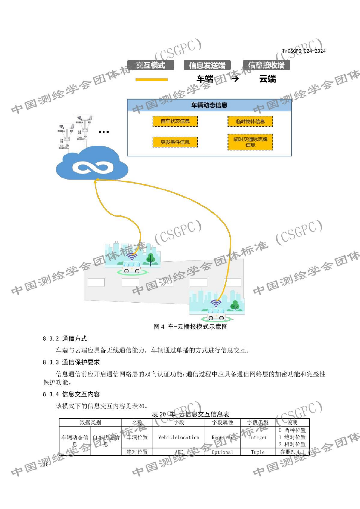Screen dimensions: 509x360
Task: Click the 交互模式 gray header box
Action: [x=150, y=65]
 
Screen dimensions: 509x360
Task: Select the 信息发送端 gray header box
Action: [x=207, y=65]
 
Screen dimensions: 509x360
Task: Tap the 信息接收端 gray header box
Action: [x=266, y=65]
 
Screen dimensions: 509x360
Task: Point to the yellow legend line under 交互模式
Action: [x=151, y=79]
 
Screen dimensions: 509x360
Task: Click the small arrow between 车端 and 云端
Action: [x=235, y=79]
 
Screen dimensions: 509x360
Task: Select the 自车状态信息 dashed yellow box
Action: [x=175, y=121]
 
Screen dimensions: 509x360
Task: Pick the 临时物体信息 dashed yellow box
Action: [x=250, y=121]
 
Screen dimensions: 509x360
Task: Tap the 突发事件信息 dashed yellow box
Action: [x=175, y=142]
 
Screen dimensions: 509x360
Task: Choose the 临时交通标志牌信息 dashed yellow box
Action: [x=250, y=142]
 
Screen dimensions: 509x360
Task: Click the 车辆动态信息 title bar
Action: [x=209, y=105]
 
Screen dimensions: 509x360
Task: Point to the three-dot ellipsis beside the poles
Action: [x=104, y=132]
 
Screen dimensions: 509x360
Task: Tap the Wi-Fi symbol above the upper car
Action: [x=132, y=256]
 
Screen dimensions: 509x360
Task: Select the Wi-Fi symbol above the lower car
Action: [x=216, y=303]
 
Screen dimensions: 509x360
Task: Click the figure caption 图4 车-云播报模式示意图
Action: [x=190, y=326]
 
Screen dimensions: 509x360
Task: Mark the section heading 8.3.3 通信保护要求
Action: [x=71, y=362]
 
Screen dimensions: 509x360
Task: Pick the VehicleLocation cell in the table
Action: [x=179, y=437]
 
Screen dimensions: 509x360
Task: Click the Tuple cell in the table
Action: [x=258, y=452]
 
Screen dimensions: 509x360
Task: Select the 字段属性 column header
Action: [x=223, y=422]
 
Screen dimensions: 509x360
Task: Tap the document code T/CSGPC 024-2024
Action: [x=304, y=51]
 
